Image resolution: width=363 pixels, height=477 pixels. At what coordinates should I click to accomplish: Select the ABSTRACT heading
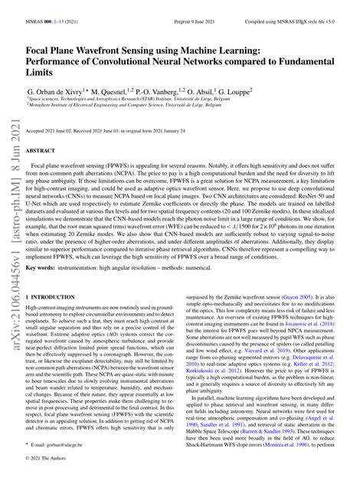point(43,152)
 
